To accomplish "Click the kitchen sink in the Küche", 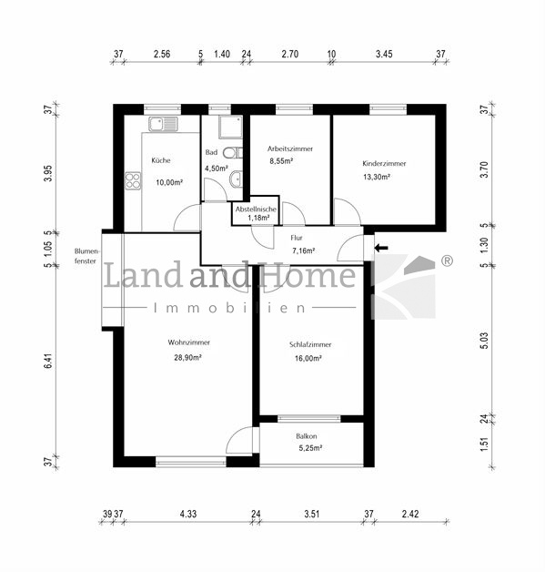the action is coord(163,124).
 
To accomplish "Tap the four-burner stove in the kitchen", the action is coord(133,180).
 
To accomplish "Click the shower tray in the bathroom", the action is coord(230,127).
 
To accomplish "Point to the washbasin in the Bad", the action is coord(236,179).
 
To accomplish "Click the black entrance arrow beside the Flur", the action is coord(381,248).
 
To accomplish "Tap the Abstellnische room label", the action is coord(256,209).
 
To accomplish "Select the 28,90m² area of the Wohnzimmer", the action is coord(188,357).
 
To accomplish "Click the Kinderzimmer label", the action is coord(384,163).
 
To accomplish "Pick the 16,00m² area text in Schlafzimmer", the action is coord(308,358).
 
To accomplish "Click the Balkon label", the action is coord(307,436).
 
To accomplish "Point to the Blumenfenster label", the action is coord(86,256).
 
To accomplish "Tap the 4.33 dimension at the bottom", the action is coord(188,514).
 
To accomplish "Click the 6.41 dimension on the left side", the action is coord(48,362).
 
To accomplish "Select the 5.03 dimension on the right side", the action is coord(484,341).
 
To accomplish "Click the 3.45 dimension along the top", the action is coord(384,54).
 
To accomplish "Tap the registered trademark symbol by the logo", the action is coord(447,260).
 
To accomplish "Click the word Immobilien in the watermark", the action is coord(229,308).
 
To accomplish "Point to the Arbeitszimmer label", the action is coord(290,148).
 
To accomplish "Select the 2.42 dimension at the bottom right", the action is coord(410,514).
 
